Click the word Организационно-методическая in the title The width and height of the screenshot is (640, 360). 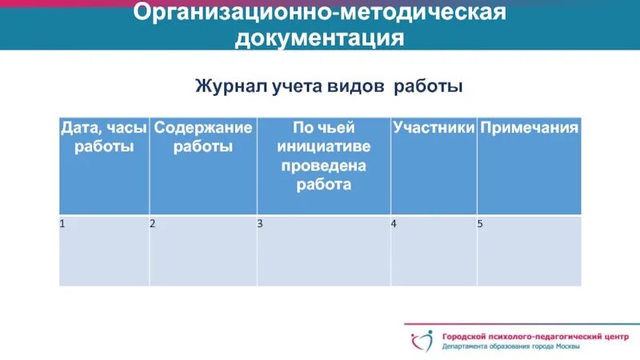click(x=320, y=13)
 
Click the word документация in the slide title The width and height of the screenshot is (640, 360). click(x=319, y=38)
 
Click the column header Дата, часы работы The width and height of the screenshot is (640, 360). click(x=104, y=137)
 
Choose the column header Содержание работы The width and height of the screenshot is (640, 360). click(x=203, y=137)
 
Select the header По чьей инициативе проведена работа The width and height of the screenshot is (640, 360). click(x=323, y=155)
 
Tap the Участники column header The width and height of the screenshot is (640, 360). click(x=434, y=128)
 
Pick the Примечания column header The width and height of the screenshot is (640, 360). click(x=528, y=128)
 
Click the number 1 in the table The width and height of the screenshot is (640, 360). click(x=62, y=224)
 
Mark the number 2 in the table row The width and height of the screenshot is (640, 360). click(x=152, y=224)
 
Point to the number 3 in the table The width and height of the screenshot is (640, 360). click(x=260, y=224)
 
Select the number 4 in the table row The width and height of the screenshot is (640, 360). click(x=394, y=224)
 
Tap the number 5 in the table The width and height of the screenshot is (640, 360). click(x=480, y=224)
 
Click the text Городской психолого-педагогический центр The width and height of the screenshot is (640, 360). click(x=535, y=337)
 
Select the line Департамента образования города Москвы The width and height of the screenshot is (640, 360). click(x=512, y=347)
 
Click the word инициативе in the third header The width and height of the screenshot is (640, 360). click(x=323, y=146)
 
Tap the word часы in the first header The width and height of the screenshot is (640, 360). click(x=127, y=128)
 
